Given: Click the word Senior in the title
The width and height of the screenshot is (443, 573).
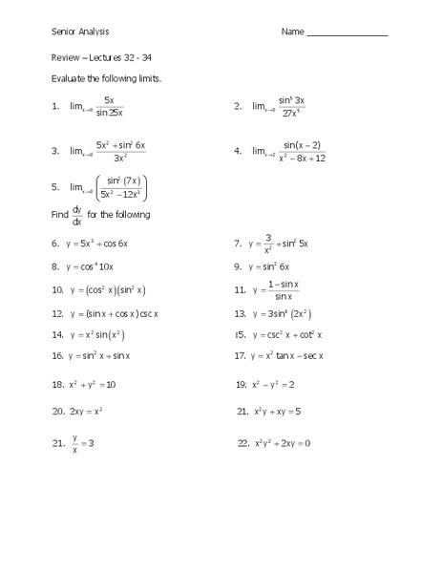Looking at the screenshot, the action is (63, 32).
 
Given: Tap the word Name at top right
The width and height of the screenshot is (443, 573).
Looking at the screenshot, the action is (292, 32).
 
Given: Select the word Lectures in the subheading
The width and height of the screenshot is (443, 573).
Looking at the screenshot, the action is (102, 55).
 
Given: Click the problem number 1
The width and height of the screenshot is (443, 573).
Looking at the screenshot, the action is (56, 107).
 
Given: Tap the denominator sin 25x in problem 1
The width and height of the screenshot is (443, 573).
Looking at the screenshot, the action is (110, 113).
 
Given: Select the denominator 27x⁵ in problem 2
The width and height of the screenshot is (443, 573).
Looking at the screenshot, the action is (291, 113).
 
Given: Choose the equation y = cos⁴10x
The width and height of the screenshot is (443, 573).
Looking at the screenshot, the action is (98, 267).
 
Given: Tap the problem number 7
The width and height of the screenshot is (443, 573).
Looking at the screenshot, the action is (238, 244).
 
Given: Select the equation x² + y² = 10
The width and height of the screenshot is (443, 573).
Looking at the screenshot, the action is (92, 384).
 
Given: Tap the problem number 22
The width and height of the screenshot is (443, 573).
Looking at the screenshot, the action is (242, 442).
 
